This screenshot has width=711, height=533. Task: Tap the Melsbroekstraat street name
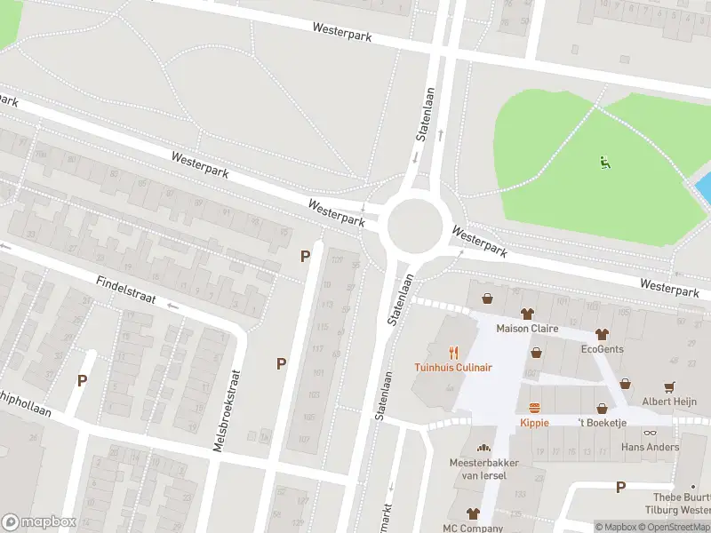pyautogui.click(x=226, y=410)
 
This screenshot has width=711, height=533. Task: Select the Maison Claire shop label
pyautogui.click(x=527, y=328)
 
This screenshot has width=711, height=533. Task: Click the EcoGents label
pyautogui.click(x=602, y=349)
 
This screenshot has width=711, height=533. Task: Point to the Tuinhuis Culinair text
pyautogui.click(x=453, y=367)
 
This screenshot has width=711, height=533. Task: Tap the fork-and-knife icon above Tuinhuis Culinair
pyautogui.click(x=453, y=353)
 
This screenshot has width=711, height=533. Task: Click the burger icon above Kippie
pyautogui.click(x=534, y=409)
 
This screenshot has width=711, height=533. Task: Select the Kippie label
pyautogui.click(x=534, y=423)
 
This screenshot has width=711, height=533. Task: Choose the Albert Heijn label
pyautogui.click(x=669, y=401)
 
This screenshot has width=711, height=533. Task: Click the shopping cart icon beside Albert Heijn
pyautogui.click(x=669, y=386)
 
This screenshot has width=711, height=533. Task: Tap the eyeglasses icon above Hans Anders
pyautogui.click(x=650, y=433)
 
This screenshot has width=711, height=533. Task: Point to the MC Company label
pyautogui.click(x=473, y=528)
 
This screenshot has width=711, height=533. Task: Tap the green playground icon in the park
pyautogui.click(x=604, y=162)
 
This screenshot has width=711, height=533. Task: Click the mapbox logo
pyautogui.click(x=39, y=522)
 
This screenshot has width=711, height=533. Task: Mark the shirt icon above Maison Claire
pyautogui.click(x=527, y=314)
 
